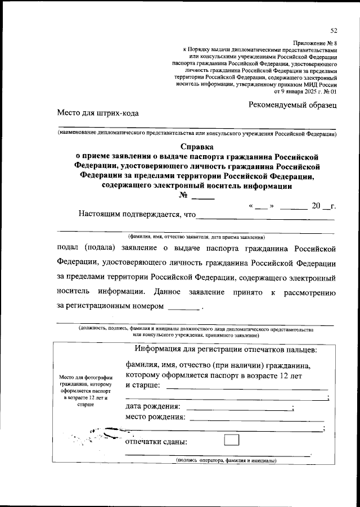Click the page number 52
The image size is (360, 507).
click(x=334, y=30)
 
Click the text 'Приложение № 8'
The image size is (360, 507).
click(x=315, y=43)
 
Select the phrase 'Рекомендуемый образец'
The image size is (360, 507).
click(x=292, y=105)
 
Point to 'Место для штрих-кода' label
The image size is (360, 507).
click(x=97, y=113)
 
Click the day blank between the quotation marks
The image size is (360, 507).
click(x=259, y=206)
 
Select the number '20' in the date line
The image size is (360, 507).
click(x=316, y=206)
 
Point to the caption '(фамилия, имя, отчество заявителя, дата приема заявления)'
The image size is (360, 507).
click(x=196, y=236)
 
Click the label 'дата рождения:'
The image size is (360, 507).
click(x=153, y=406)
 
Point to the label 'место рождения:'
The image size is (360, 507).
click(x=155, y=417)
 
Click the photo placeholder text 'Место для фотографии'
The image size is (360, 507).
click(x=85, y=377)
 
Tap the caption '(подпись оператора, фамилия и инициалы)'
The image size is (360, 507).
click(x=226, y=460)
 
